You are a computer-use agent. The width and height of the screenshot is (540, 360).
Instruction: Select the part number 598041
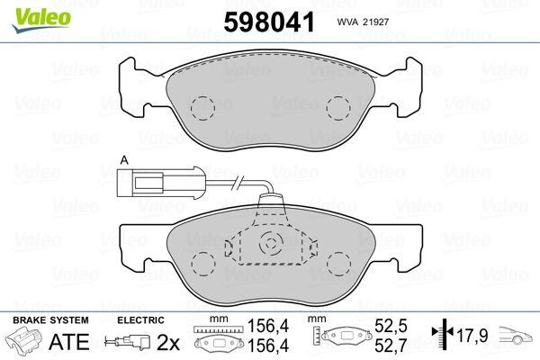(263, 21)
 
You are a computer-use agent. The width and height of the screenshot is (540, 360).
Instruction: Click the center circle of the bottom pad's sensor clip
(270, 244)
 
